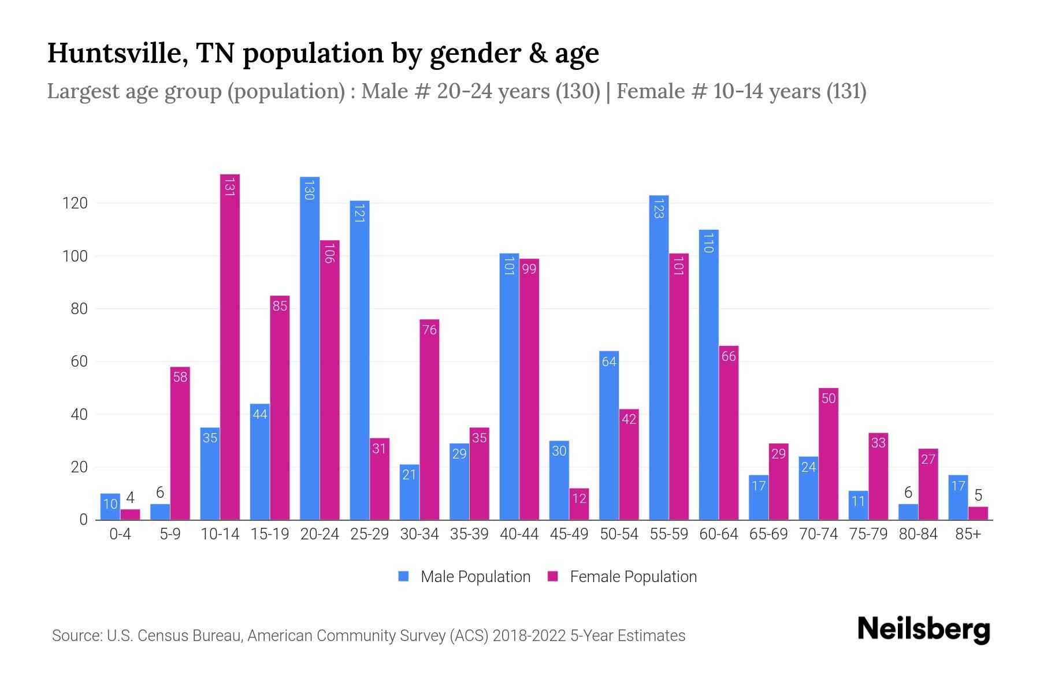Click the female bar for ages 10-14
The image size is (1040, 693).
click(229, 346)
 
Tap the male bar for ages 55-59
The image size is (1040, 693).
click(659, 358)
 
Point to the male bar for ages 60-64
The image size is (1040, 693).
click(708, 375)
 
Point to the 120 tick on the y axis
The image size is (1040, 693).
click(76, 203)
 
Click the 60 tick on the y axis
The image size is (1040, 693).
click(79, 362)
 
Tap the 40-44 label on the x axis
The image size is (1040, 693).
click(519, 534)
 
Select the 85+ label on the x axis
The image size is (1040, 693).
click(968, 534)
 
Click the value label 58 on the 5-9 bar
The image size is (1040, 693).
click(180, 378)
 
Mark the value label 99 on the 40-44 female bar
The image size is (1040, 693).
click(529, 269)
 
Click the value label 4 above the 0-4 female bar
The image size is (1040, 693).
click(130, 498)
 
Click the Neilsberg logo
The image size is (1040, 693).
click(923, 629)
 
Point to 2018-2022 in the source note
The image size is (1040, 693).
click(529, 636)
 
